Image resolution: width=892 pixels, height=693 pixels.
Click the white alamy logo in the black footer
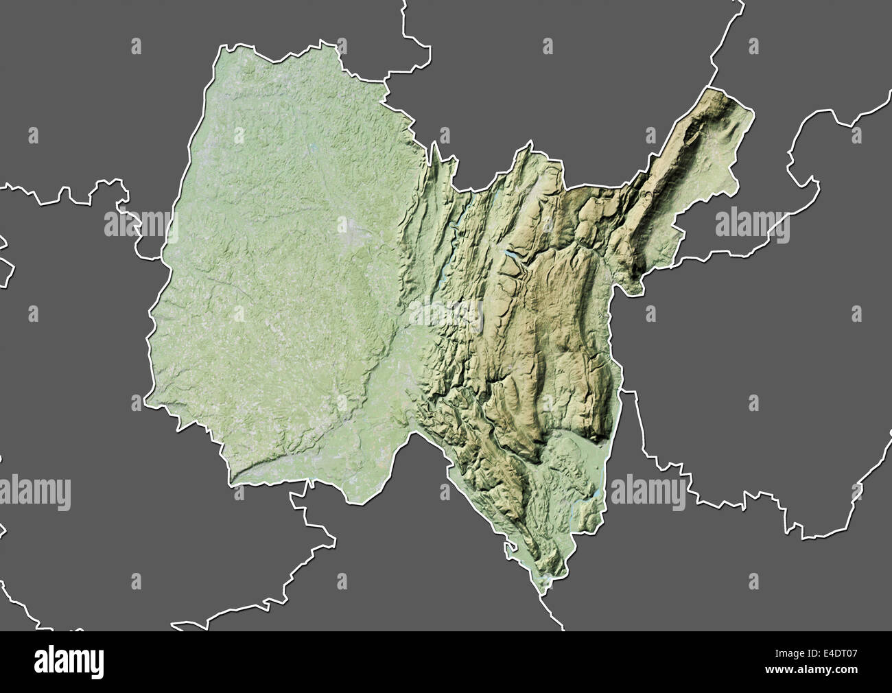click(x=69, y=661)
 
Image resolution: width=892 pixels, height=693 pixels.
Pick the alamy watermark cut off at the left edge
click(x=34, y=492)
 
